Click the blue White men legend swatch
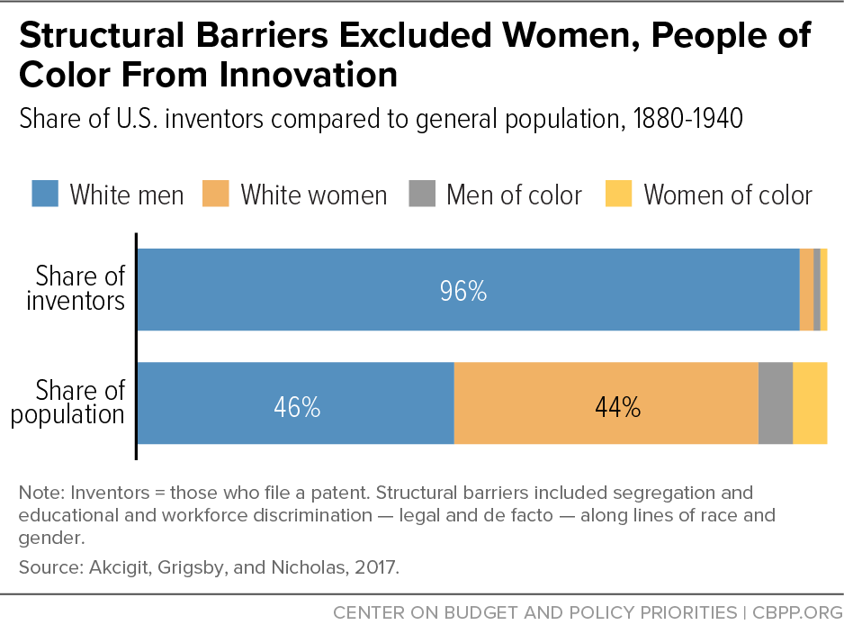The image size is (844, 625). pyautogui.click(x=45, y=195)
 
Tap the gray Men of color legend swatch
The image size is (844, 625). pyautogui.click(x=421, y=195)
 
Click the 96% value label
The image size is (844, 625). pyautogui.click(x=462, y=291)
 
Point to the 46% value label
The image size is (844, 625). pyautogui.click(x=297, y=407)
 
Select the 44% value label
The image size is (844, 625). pyautogui.click(x=617, y=407)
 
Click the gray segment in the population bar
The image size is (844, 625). pyautogui.click(x=776, y=403)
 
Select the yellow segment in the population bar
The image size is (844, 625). pyautogui.click(x=810, y=403)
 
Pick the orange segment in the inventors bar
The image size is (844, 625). pyautogui.click(x=806, y=289)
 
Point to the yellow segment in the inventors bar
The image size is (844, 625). pyautogui.click(x=823, y=289)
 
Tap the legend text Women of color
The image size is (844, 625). pyautogui.click(x=728, y=195)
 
